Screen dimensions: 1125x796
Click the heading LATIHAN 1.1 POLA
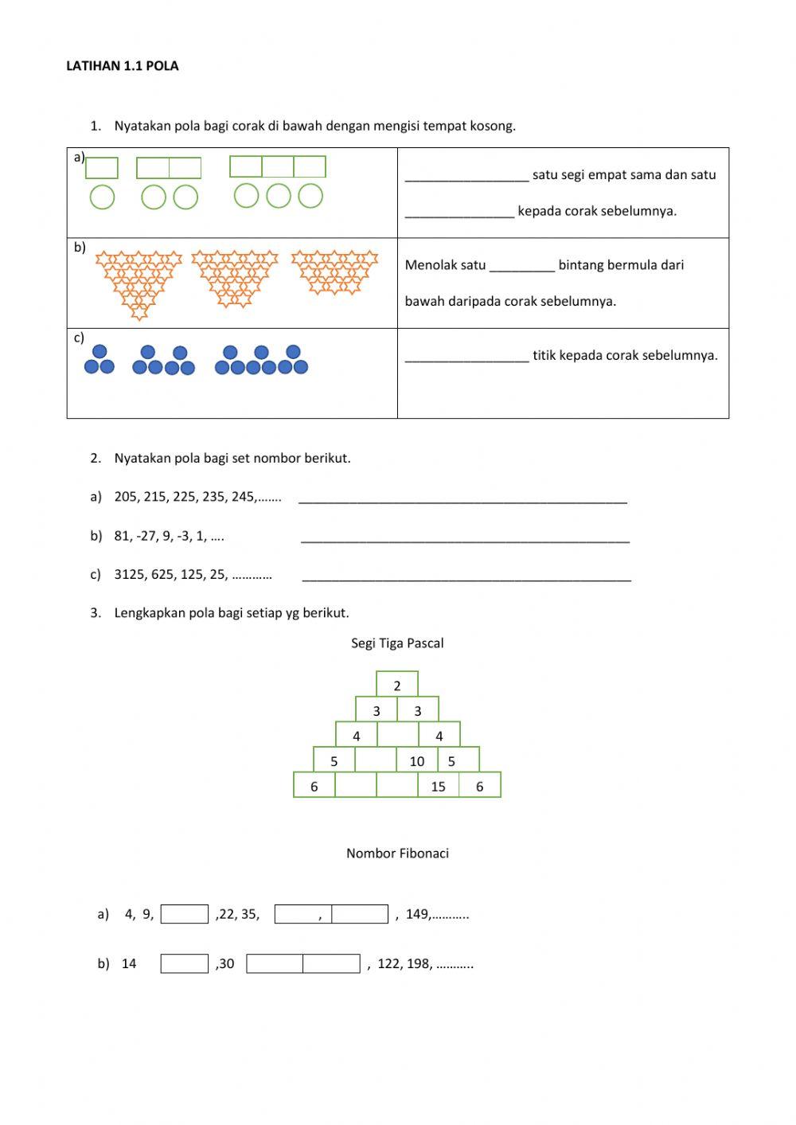pyautogui.click(x=123, y=66)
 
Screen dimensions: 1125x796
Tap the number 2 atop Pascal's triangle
pyautogui.click(x=397, y=686)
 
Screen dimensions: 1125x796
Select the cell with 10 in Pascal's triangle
pyautogui.click(x=417, y=761)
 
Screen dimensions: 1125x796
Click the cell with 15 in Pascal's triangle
pyautogui.click(x=439, y=787)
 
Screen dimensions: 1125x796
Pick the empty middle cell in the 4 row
pyautogui.click(x=397, y=736)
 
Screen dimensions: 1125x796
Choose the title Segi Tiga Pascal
pyautogui.click(x=397, y=643)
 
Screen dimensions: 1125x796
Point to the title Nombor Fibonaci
pyautogui.click(x=397, y=854)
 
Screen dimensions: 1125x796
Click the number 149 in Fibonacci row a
pyautogui.click(x=417, y=914)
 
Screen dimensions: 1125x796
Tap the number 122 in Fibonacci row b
pyautogui.click(x=389, y=963)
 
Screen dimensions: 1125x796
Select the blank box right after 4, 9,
pyautogui.click(x=185, y=914)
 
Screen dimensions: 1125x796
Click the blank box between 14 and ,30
pyautogui.click(x=185, y=963)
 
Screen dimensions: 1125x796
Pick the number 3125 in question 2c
pyautogui.click(x=129, y=574)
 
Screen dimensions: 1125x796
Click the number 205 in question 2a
pyautogui.click(x=126, y=497)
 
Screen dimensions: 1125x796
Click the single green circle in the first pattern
pyautogui.click(x=102, y=197)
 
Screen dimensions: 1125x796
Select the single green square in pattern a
pyautogui.click(x=102, y=168)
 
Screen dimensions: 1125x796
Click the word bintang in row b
pyautogui.click(x=581, y=265)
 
